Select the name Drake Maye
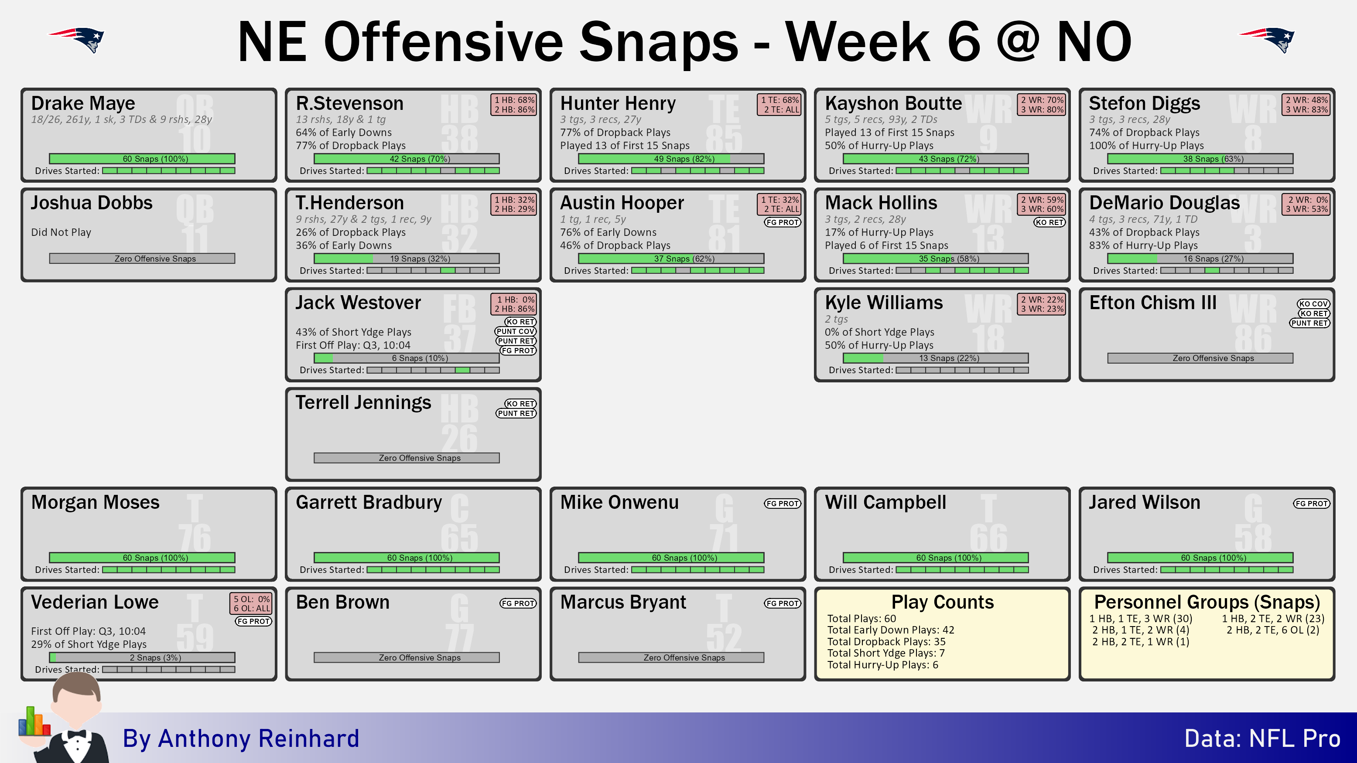pos(83,103)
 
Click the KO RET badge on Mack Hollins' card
pos(1049,222)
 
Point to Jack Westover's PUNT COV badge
pos(516,331)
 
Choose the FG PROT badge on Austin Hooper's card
pos(782,222)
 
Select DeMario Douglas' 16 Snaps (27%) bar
pos(1200,259)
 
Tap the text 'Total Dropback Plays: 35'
pos(886,641)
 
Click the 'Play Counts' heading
pos(943,602)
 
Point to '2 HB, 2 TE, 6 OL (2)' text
pos(1273,630)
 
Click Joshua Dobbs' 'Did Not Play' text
pos(61,232)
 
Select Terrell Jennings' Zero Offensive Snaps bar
pos(406,458)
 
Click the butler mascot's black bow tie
pos(76,734)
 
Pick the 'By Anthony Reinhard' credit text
pos(241,738)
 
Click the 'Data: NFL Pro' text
pos(1262,738)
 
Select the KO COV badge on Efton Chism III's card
pos(1313,304)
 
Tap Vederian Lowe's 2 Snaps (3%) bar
pos(142,657)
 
